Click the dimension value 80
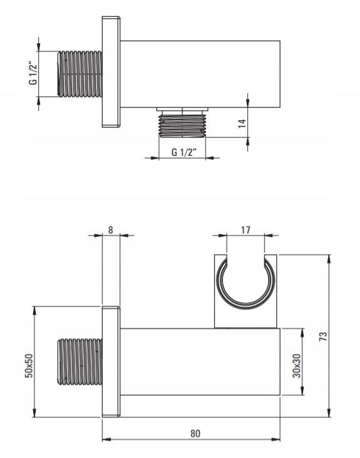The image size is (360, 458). [x=195, y=434]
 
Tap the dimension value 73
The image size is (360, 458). [x=323, y=337]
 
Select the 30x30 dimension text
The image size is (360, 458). [x=296, y=365]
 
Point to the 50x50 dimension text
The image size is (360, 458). [x=29, y=365]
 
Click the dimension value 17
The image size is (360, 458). [x=246, y=230]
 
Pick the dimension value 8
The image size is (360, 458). [x=110, y=230]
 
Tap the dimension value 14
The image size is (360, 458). [x=242, y=123]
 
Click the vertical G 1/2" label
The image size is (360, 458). [x=33, y=74]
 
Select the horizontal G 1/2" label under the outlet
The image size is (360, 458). [x=184, y=152]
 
